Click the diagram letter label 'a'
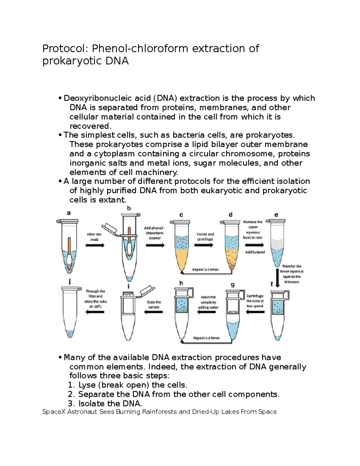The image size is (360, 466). point(69,213)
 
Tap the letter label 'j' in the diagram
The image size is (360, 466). point(70,281)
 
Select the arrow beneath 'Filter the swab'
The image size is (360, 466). point(95,245)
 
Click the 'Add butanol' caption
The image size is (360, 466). point(255,252)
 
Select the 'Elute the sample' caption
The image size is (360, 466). point(154,305)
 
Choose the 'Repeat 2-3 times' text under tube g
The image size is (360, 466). point(206,338)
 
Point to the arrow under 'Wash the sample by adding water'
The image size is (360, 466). point(207,312)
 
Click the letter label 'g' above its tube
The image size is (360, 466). point(232,285)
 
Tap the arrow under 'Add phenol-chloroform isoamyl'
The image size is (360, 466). point(155,245)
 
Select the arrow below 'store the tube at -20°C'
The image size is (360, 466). point(95,312)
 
